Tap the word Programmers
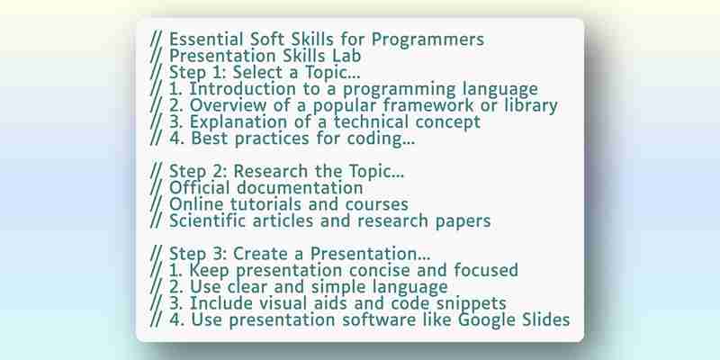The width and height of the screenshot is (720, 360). point(427,40)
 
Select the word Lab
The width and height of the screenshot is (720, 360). point(346,56)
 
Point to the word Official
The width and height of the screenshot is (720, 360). point(199,188)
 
